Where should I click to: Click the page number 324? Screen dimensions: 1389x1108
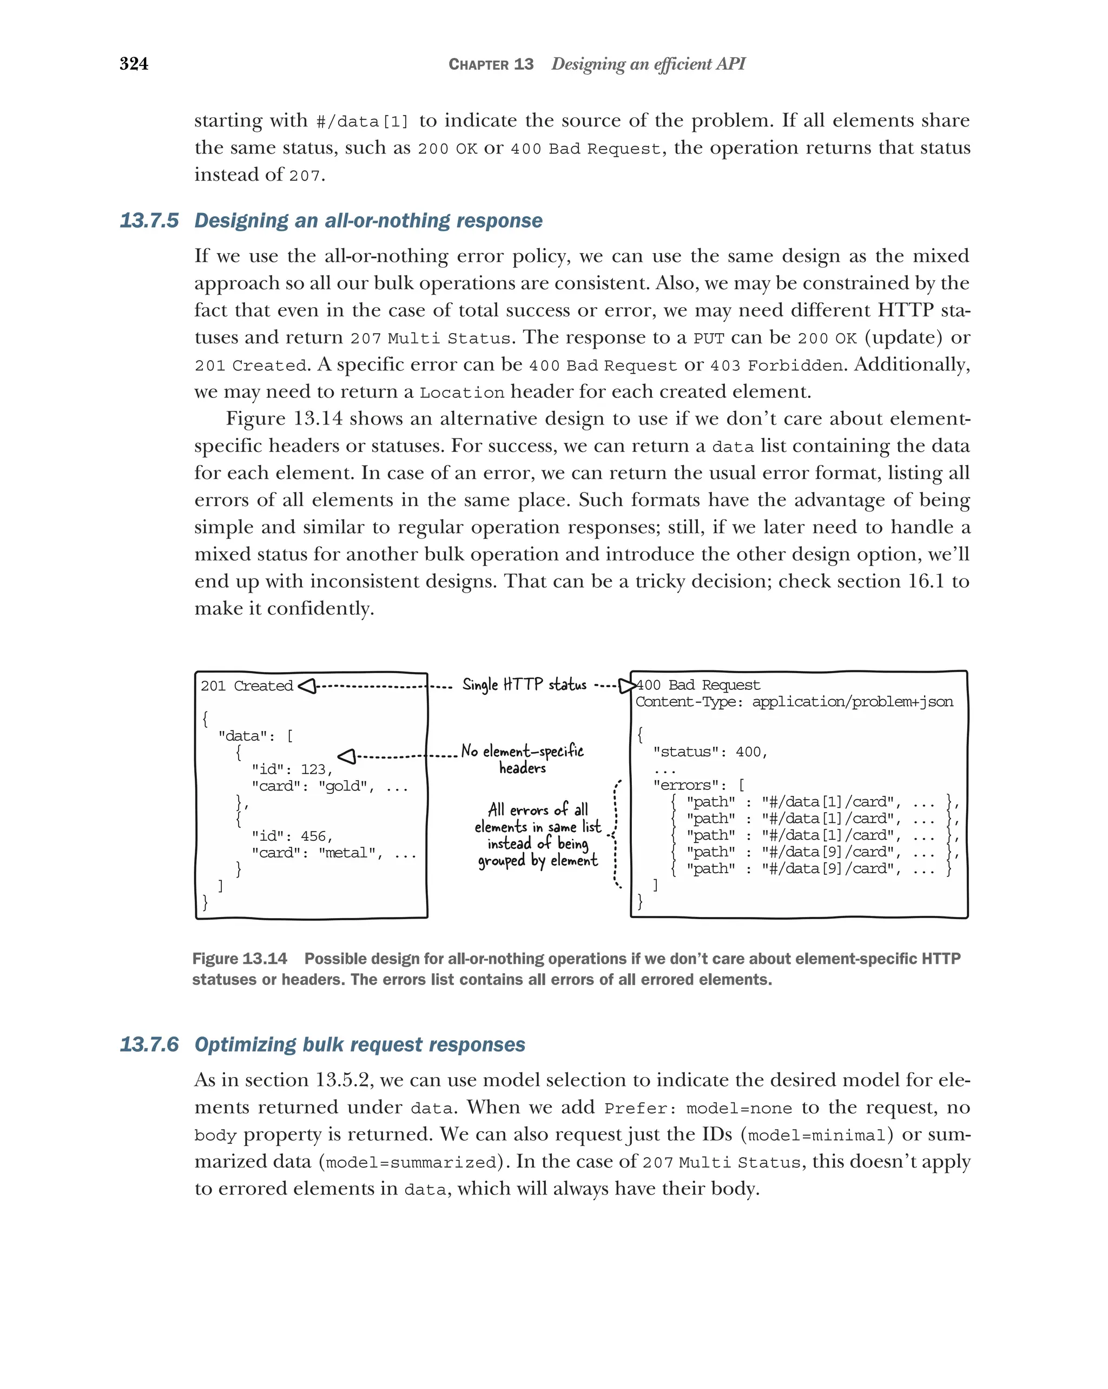pos(134,64)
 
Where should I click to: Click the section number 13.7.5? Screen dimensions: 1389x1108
pos(149,221)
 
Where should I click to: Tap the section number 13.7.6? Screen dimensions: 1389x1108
pos(149,1045)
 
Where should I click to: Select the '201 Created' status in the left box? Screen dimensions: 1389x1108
pos(246,686)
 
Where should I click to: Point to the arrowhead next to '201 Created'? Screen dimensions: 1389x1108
pos(307,686)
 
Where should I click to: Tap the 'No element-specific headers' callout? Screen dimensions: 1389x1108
pos(522,759)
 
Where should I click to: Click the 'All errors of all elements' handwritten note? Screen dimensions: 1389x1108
pos(538,834)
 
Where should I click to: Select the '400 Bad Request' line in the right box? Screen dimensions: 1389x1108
pos(698,685)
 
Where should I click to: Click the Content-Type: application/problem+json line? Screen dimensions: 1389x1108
pos(794,702)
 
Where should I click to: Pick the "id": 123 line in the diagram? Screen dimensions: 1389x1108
pos(292,769)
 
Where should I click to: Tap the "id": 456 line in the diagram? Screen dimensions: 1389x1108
pos(292,836)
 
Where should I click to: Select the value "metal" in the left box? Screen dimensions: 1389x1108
pos(347,853)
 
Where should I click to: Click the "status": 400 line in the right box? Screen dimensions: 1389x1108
pos(710,752)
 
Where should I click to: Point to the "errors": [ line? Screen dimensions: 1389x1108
pos(698,786)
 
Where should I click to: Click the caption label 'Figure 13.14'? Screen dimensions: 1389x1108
pos(239,959)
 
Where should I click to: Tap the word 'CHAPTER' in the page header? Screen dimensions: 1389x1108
pos(478,64)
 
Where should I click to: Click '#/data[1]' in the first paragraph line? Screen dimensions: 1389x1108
pos(362,122)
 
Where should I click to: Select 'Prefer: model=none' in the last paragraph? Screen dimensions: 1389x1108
pos(697,1108)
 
